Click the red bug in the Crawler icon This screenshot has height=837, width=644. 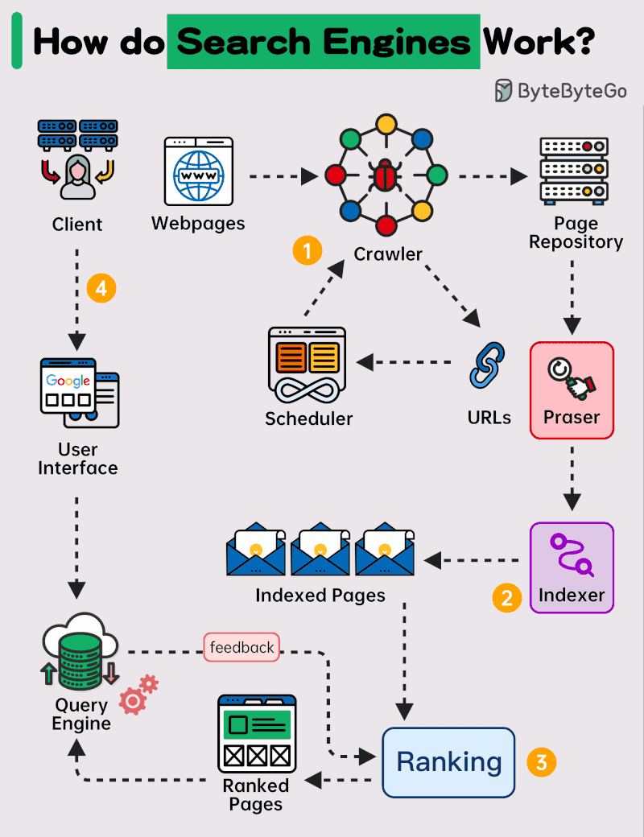point(385,175)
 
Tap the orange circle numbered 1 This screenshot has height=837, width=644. point(307,250)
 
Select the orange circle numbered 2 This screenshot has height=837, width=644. point(507,597)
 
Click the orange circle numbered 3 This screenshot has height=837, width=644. point(541,761)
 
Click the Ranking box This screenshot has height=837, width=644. point(448,761)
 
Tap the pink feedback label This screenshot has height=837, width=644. point(242,647)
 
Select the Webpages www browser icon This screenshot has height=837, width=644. point(198,171)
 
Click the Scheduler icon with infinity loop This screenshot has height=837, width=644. point(307,365)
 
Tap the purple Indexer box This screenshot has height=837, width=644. point(572,568)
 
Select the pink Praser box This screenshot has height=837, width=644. point(572,390)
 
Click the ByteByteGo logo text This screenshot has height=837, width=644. point(572,91)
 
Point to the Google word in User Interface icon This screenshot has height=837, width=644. point(68,381)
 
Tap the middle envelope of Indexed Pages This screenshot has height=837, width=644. point(320,551)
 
